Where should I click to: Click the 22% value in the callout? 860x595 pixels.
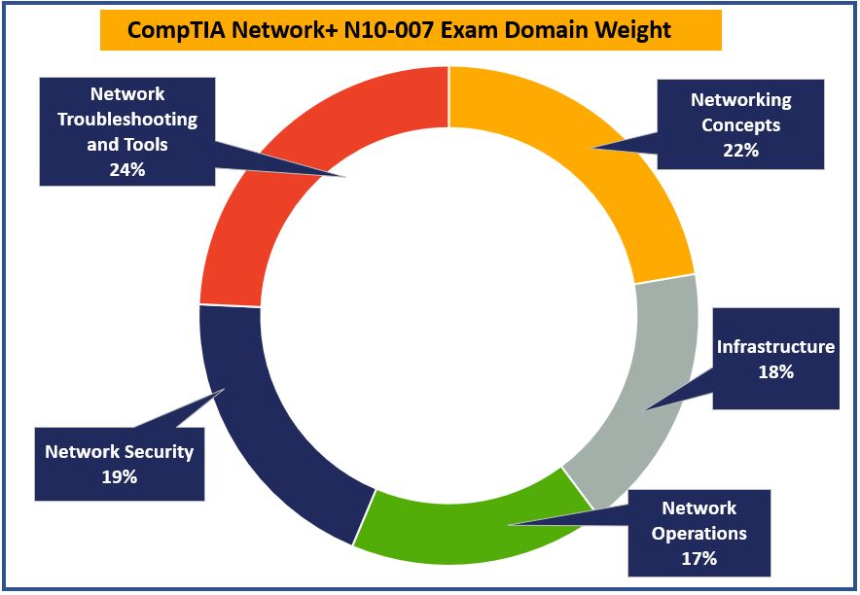coord(740,150)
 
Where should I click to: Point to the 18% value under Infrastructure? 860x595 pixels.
coord(775,371)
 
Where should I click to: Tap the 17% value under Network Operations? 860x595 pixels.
coord(699,558)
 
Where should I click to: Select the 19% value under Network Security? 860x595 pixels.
coord(119,476)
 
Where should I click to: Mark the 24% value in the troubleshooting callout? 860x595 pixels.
coord(126,169)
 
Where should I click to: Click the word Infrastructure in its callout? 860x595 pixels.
coord(775,347)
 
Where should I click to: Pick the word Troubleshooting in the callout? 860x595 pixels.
coord(126,120)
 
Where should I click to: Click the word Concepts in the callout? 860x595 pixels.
coord(740,125)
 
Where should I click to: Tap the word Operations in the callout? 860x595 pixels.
coord(699,533)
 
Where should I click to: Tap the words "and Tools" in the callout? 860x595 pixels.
coord(126,144)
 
